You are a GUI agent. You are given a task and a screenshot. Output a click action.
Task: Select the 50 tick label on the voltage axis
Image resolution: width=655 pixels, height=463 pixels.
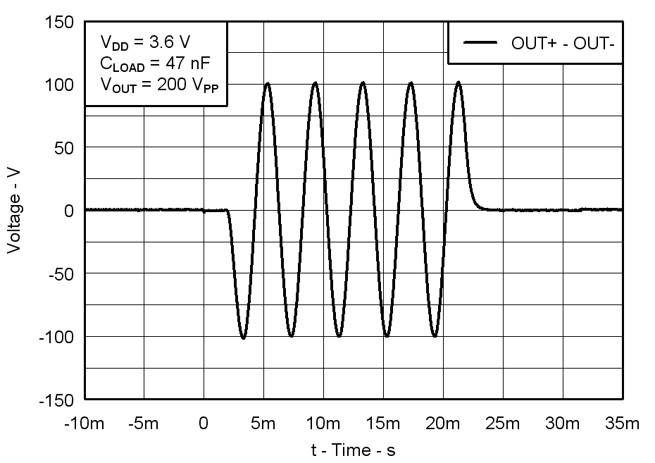(63, 148)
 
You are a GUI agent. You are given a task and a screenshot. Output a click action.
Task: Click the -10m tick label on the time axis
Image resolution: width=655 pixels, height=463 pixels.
(85, 424)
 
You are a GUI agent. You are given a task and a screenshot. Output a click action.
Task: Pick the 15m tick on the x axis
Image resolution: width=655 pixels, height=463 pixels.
(382, 424)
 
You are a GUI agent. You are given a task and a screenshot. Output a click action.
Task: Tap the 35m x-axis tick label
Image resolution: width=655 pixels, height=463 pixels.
(622, 424)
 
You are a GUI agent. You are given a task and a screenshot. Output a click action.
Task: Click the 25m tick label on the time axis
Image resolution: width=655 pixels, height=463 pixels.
(502, 424)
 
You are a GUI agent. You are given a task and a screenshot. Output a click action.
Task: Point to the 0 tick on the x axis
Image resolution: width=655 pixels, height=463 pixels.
(204, 424)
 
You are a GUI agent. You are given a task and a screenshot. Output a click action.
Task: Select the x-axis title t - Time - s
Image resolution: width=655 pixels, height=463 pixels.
(354, 450)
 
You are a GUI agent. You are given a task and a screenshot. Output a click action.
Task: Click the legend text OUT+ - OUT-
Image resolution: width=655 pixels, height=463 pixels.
(563, 44)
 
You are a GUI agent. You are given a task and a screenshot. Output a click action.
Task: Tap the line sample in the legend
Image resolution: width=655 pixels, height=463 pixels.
(481, 44)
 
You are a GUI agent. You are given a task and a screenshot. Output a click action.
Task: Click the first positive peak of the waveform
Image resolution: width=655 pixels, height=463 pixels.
(268, 83)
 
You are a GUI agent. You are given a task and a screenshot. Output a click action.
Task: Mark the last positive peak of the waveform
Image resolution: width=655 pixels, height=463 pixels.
(458, 82)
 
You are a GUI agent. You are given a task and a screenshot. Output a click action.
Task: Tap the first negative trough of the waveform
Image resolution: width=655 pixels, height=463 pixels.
(243, 338)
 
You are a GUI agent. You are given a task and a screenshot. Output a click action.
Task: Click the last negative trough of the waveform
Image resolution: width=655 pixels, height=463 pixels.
(435, 336)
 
